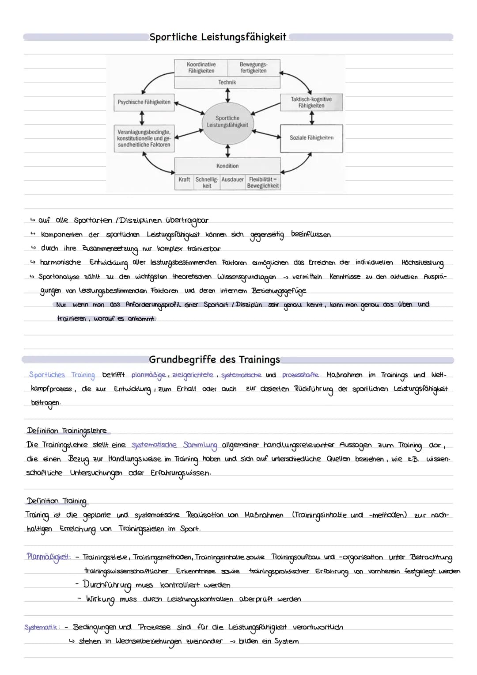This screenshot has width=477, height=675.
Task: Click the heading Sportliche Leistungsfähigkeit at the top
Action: point(218,37)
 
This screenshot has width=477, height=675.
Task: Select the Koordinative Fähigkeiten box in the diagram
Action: point(201,68)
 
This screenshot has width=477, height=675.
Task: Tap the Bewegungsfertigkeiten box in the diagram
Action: point(254,68)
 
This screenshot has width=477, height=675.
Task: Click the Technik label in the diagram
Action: point(227,82)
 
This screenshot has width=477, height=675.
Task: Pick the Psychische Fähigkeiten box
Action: point(144,102)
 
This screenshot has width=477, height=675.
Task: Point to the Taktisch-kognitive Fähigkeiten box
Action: point(311,102)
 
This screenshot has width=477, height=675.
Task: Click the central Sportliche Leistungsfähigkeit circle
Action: point(227,122)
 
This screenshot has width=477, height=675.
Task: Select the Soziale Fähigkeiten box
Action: point(311,138)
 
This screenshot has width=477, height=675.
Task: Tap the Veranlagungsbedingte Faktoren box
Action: point(144,138)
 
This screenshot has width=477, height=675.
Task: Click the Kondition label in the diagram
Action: point(227,166)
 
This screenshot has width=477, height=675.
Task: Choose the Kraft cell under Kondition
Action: point(184,180)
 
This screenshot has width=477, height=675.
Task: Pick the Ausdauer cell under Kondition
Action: point(232,180)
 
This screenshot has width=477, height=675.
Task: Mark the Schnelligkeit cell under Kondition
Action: point(207,183)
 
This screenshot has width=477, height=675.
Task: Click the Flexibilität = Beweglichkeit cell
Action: point(263,183)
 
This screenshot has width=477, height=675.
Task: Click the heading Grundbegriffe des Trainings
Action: point(214,360)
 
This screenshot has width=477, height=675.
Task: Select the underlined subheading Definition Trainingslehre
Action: point(67,431)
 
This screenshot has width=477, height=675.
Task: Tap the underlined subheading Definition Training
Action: point(57,501)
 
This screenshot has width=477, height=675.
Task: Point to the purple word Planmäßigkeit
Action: point(48,557)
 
